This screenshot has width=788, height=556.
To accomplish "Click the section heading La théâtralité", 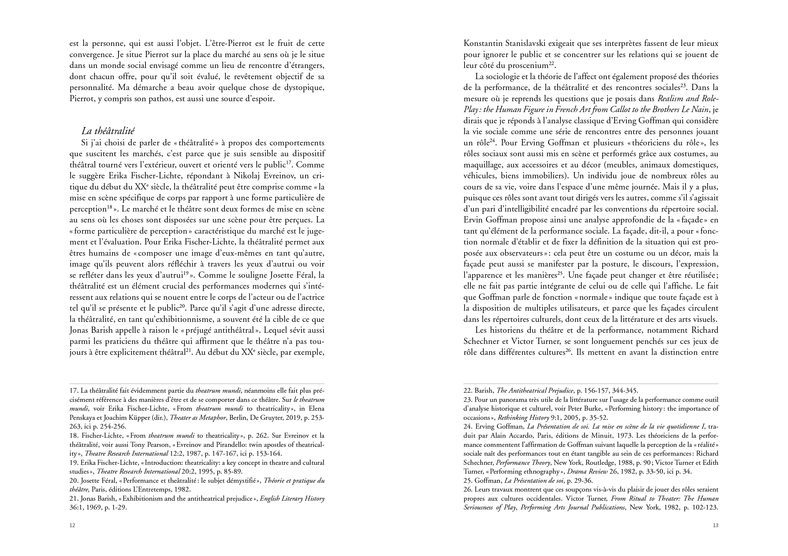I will pyautogui.click(x=108, y=131).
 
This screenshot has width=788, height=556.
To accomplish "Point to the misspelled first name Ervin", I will pyautogui.click(x=474, y=220).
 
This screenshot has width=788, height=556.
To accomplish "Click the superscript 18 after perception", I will pyautogui.click(x=110, y=207).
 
